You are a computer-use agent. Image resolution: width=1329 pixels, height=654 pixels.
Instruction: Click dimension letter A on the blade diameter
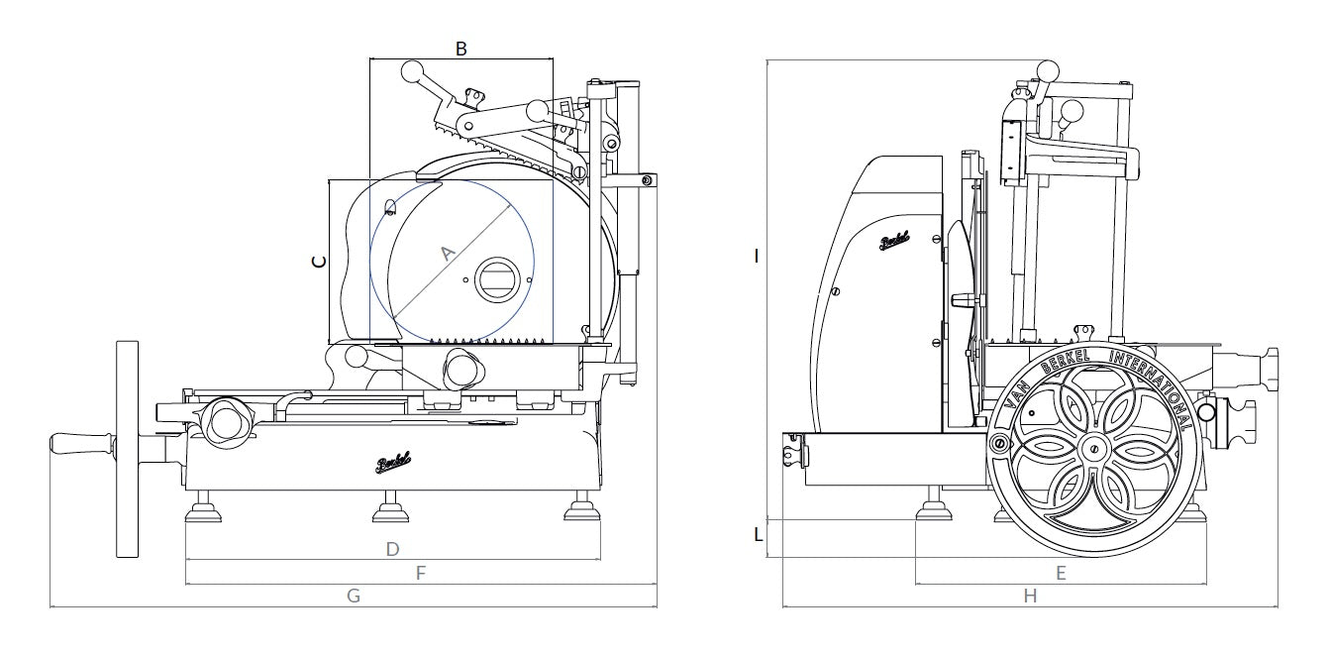[x=447, y=254]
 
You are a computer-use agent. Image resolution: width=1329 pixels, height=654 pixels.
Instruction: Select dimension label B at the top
[x=460, y=47]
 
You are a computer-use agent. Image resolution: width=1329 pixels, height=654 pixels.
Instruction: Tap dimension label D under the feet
[x=392, y=548]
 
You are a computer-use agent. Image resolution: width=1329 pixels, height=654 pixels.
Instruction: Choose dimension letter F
[x=420, y=573]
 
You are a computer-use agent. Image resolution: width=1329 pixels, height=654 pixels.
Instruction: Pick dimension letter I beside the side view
[x=757, y=256]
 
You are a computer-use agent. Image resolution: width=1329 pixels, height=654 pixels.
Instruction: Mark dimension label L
[x=759, y=534]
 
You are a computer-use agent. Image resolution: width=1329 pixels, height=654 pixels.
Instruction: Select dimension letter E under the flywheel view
[x=1061, y=573]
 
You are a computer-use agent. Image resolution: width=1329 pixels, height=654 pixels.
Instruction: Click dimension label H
[x=1030, y=596]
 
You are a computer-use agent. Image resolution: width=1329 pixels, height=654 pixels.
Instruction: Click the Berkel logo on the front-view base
[x=393, y=463]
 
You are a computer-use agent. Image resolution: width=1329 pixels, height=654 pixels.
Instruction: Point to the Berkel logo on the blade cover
[x=894, y=241]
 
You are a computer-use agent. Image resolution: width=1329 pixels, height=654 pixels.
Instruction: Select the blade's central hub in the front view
[x=496, y=279]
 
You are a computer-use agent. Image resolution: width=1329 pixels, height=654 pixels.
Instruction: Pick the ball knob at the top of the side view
[x=1046, y=70]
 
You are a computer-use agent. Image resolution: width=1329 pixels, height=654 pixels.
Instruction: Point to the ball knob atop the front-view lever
[x=412, y=71]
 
